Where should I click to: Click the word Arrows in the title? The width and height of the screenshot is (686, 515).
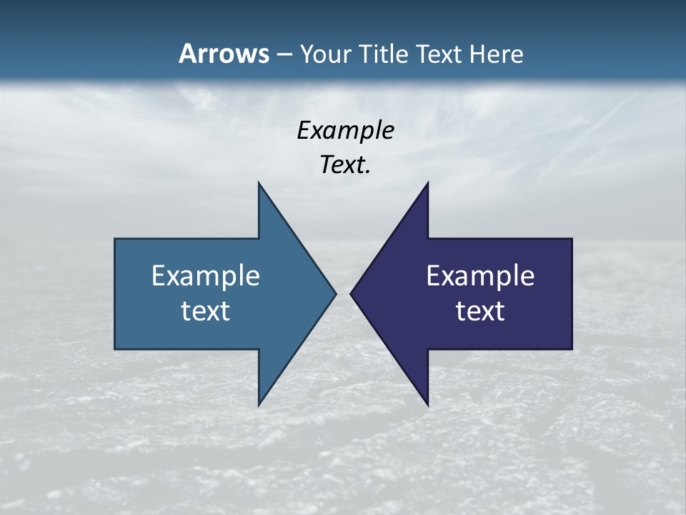[224, 54]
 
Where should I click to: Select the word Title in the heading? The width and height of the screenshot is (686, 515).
[384, 54]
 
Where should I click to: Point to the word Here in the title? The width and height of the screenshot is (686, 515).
[496, 54]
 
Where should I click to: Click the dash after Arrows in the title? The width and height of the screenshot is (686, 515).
[284, 54]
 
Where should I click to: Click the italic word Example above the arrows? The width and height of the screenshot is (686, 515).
[345, 131]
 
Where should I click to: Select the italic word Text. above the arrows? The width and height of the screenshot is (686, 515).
[345, 165]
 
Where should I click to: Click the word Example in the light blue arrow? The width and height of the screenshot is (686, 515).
[206, 275]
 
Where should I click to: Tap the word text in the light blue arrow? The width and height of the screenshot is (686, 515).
[206, 311]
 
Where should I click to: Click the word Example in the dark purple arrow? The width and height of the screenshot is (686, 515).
[480, 275]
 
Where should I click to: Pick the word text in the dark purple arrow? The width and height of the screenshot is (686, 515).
[480, 311]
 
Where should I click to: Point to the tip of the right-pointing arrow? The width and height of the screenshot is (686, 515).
[336, 293]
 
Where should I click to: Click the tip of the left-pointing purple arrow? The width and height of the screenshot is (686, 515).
[351, 293]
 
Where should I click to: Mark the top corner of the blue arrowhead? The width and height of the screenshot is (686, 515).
[259, 182]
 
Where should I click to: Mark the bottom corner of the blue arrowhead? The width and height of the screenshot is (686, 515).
[259, 406]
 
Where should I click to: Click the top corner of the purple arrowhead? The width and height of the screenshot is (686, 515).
[427, 182]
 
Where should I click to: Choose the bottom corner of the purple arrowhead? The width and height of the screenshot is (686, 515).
[427, 406]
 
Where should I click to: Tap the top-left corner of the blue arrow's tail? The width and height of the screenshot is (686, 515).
[115, 239]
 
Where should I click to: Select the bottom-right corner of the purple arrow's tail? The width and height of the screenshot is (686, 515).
[572, 349]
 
